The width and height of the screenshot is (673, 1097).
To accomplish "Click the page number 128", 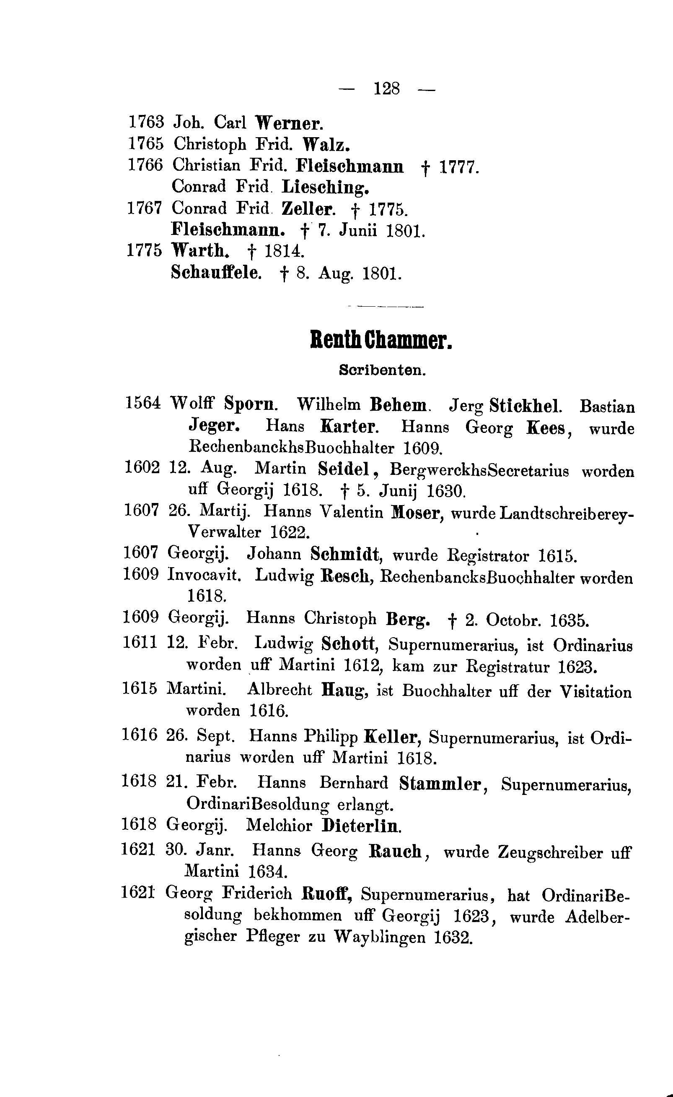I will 386,89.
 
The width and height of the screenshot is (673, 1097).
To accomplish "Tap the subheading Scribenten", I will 382,370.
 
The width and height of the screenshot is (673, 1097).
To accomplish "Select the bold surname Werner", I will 289,123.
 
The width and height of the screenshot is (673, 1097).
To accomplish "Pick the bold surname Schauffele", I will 216,273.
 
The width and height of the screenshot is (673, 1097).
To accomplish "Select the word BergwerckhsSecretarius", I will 479,471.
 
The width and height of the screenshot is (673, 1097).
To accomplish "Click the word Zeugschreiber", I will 550,852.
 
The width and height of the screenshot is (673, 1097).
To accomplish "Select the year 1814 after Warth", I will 285,251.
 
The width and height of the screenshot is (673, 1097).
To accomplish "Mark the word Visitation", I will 595,692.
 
